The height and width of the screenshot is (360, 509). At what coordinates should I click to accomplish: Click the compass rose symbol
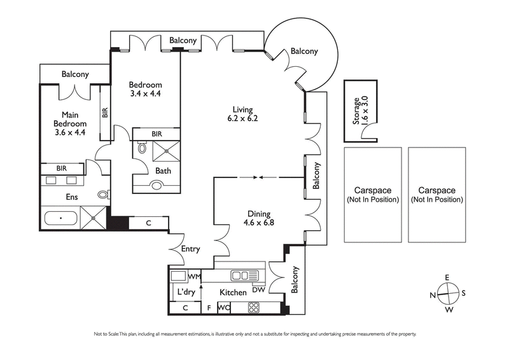pos(449,293)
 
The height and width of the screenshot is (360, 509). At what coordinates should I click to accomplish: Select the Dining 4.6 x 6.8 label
pos(259,219)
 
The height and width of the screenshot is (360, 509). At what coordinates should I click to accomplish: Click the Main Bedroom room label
pos(69,123)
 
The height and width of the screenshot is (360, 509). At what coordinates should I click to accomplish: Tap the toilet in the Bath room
pos(142,149)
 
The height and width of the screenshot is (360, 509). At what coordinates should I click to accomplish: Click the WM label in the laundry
pos(194,277)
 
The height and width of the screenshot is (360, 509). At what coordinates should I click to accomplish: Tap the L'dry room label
pos(186,292)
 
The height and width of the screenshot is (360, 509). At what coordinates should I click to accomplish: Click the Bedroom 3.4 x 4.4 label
pos(145,90)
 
